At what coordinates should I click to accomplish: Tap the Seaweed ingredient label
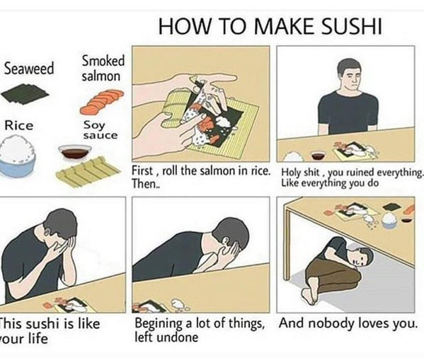29,69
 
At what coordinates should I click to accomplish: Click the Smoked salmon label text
103,68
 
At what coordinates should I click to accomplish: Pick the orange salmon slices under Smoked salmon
102,102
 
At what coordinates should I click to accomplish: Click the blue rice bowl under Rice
18,158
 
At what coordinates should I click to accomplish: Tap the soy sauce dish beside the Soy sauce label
75,152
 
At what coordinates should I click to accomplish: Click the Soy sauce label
101,130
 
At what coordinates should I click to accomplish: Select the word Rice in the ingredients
19,126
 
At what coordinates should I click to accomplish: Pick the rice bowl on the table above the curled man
389,221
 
